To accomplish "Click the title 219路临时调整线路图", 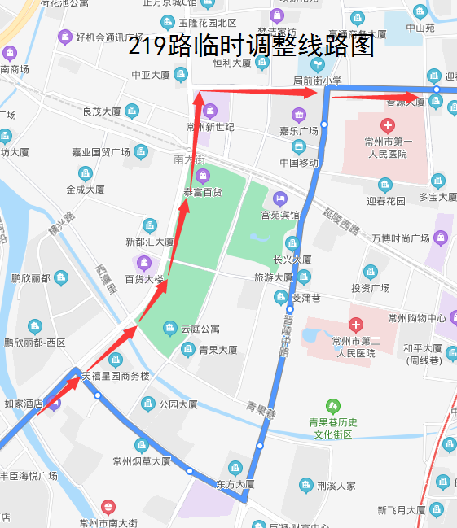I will point(251,46).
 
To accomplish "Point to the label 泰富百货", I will point(202,193).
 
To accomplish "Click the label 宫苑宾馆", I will point(280,215).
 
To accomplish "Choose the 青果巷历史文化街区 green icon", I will point(332,405).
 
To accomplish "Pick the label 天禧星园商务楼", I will point(115,376).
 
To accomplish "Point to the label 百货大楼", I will point(144,279).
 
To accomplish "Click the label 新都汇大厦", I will point(149,242).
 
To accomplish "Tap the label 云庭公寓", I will point(200,329).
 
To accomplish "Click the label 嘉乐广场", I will point(298,130).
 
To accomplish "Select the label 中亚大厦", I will point(151,75).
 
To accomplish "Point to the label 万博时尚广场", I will point(400,238).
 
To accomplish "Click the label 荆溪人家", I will point(336,487).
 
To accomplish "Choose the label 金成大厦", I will point(86,190).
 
